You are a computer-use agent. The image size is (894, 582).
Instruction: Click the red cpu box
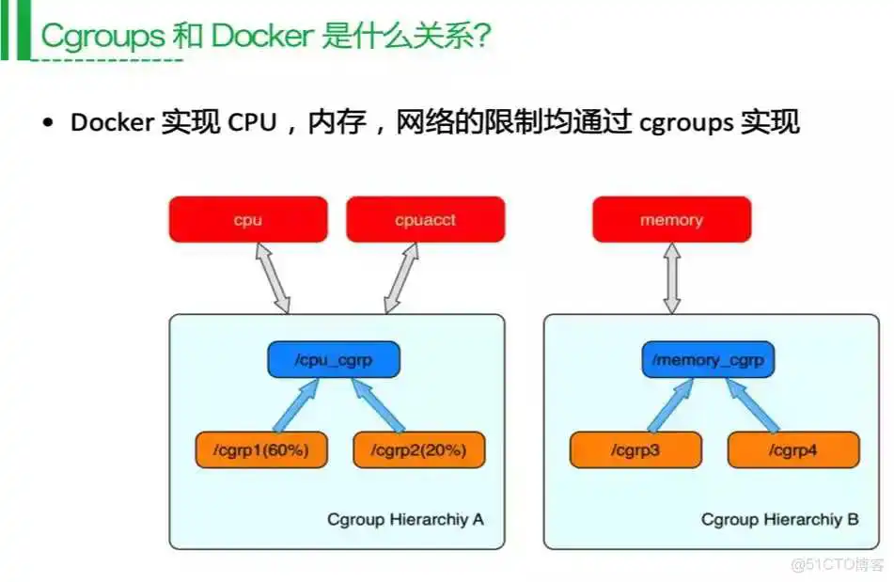click(248, 220)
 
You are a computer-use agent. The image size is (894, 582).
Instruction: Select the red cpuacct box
click(425, 220)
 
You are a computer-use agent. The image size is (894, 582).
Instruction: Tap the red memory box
click(671, 220)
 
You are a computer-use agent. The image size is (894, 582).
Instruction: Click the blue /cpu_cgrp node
click(334, 359)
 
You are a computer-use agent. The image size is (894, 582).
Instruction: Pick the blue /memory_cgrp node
click(709, 359)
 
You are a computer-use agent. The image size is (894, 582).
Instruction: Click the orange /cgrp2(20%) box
click(419, 449)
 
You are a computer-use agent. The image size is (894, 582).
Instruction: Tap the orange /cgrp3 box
click(635, 449)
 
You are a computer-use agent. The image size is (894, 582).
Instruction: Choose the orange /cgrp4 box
click(792, 449)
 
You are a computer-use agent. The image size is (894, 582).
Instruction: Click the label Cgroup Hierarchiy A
click(405, 519)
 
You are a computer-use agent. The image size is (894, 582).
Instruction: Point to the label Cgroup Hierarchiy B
click(779, 519)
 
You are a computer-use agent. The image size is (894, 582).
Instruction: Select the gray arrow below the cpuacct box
click(400, 278)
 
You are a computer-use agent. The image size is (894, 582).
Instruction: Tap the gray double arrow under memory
click(671, 278)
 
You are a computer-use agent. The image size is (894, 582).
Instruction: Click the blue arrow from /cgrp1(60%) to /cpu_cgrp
click(293, 405)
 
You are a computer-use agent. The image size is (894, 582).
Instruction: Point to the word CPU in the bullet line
click(251, 123)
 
